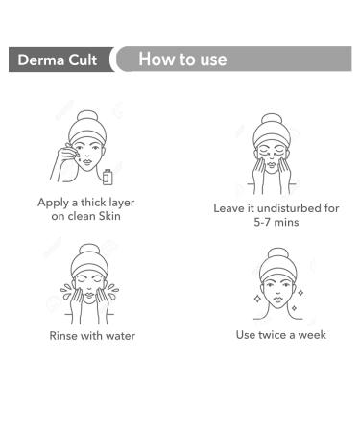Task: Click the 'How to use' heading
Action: pos(182,60)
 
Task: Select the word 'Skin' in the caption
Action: pos(117,217)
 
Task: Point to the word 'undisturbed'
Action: pos(284,207)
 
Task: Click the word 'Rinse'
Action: pos(66,335)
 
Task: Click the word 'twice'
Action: pos(276,334)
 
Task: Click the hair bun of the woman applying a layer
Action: pos(86,117)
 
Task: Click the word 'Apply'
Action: pos(56,203)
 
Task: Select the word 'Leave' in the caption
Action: pos(232,207)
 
